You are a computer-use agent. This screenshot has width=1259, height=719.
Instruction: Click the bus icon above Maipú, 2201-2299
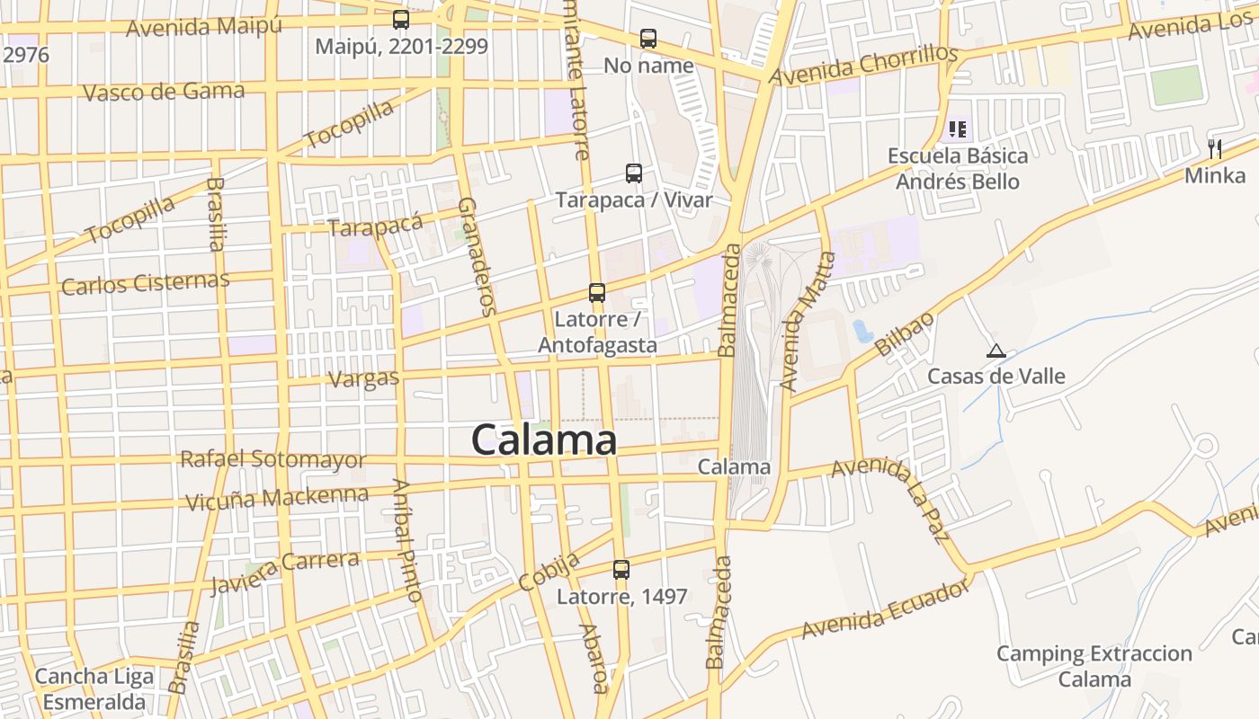click(401, 19)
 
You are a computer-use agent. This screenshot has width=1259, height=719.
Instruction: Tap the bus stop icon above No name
click(648, 39)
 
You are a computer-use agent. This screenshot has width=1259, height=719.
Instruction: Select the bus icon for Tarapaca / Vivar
click(634, 173)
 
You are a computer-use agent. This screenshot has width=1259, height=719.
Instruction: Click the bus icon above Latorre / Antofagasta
click(597, 292)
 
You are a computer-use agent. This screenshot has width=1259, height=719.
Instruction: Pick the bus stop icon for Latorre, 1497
click(621, 569)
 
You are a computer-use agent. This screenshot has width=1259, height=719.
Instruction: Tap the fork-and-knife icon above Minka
click(1215, 148)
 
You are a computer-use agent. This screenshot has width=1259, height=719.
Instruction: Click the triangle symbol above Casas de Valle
click(996, 351)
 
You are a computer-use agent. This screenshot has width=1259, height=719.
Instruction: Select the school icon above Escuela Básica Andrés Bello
click(957, 129)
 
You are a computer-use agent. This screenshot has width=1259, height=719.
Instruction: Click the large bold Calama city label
click(544, 440)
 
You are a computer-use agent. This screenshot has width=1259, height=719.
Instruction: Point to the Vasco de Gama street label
click(163, 92)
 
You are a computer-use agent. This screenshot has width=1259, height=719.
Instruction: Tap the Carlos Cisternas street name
click(145, 283)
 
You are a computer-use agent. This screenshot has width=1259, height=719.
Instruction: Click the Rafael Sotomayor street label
click(272, 459)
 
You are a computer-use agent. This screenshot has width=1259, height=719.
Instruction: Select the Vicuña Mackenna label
click(277, 497)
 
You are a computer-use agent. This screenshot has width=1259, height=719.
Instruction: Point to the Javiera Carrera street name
click(284, 571)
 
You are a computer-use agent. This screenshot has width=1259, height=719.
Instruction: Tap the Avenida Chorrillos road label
click(865, 66)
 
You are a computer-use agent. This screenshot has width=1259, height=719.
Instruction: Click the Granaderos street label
click(477, 256)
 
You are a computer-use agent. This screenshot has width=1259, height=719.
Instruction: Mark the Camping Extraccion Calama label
click(1094, 666)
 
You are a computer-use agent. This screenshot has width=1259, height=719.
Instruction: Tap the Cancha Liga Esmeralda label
click(94, 688)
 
